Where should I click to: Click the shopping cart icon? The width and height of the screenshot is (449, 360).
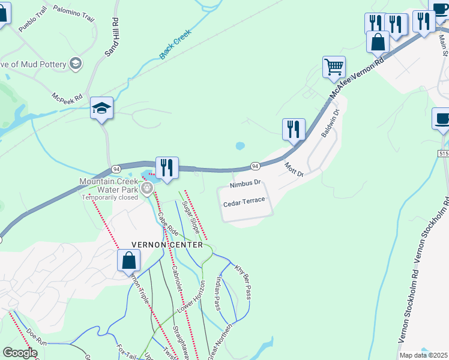tap(334, 67)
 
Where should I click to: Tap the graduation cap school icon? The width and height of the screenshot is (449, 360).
tap(101, 109)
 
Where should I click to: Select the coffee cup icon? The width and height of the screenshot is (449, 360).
tap(442, 118)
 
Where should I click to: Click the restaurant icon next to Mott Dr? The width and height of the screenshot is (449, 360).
tap(294, 129)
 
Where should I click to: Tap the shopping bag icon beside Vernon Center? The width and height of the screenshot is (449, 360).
tap(128, 261)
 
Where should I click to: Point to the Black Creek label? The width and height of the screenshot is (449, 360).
tap(175, 45)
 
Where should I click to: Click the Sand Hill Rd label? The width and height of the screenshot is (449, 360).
tap(112, 37)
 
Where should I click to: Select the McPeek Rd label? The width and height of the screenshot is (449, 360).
tap(67, 97)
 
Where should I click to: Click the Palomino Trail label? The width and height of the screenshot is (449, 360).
tap(74, 13)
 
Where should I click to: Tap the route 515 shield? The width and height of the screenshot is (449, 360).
tap(443, 154)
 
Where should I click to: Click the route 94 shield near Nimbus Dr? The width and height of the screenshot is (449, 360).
tap(255, 166)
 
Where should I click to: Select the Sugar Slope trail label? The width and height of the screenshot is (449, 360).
tap(190, 218)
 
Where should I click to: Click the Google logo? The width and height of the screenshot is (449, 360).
tap(20, 353)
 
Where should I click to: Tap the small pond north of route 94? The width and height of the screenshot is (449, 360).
tap(240, 146)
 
